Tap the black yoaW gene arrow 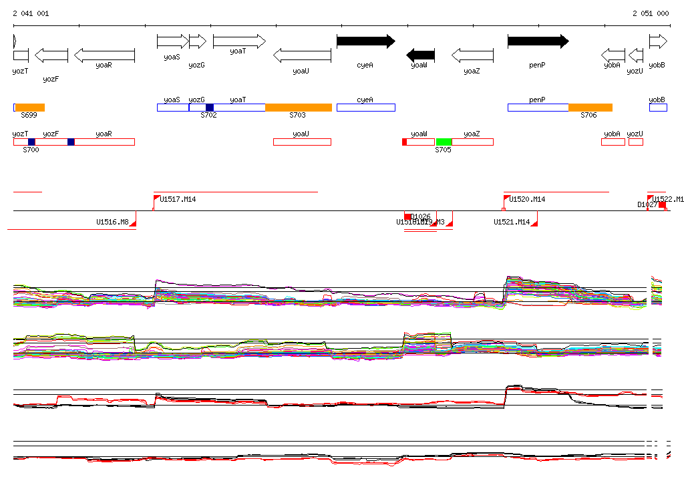coord(421,55)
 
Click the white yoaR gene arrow coord(104,55)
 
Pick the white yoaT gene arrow coord(238,41)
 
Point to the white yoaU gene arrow coord(302,55)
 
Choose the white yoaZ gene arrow coord(472,55)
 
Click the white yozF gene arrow coord(51,55)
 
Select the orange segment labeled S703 coord(299,108)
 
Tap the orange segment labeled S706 coord(590,108)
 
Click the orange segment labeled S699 coord(30,108)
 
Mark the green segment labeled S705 coord(444,142)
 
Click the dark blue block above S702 coord(210,108)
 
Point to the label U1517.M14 coord(178,199)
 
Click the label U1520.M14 coord(527,199)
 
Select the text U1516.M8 coord(112,222)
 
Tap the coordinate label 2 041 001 coord(30,13)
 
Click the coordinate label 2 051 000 coord(651,13)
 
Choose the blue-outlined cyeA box coord(365,108)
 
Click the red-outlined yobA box coord(613,142)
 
